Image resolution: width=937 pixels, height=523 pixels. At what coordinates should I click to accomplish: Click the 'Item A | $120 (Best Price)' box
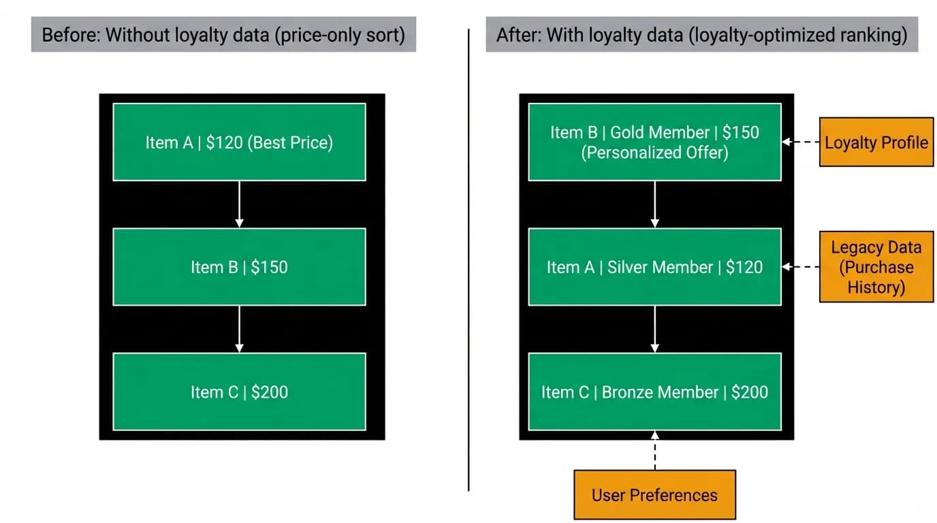point(239,142)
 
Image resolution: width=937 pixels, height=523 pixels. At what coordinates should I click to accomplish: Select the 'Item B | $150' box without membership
point(239,267)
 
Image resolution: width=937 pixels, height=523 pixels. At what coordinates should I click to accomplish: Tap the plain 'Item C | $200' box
point(239,392)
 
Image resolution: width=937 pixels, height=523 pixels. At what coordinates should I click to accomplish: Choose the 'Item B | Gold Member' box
point(654,142)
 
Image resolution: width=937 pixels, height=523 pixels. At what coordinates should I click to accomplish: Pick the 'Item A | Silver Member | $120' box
point(654,267)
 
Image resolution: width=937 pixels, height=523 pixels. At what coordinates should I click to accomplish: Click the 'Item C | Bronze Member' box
point(654,392)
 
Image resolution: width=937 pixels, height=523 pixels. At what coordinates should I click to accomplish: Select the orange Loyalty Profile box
point(876,142)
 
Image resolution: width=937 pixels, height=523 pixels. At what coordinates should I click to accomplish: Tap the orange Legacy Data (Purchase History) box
point(876,266)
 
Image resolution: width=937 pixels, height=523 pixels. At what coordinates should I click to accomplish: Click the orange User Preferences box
point(654,494)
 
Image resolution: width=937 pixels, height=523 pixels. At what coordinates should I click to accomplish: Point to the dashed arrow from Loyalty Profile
point(801,142)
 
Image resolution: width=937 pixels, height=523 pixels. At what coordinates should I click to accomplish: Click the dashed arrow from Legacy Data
point(801,266)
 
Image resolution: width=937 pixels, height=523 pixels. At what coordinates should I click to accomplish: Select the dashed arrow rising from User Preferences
point(654,451)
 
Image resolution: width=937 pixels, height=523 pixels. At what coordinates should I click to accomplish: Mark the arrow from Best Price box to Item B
point(239,204)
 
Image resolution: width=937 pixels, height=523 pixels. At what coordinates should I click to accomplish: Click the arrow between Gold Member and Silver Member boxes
point(654,204)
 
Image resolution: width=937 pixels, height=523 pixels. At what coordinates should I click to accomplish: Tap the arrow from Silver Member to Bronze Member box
point(654,330)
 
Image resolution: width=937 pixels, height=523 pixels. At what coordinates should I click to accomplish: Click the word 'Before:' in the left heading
point(71,35)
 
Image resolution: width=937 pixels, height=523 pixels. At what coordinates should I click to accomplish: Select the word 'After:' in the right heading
point(519,35)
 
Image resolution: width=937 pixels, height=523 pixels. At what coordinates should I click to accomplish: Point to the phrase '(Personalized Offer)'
point(654,153)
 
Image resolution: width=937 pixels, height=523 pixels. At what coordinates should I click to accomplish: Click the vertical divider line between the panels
point(469,259)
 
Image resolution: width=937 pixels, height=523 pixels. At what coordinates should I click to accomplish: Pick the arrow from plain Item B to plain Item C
point(239,330)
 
